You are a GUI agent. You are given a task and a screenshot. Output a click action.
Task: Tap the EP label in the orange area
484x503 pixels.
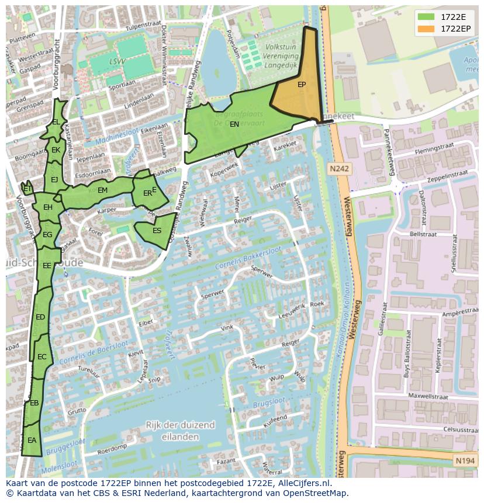click(302, 85)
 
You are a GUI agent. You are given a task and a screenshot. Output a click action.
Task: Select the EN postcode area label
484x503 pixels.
click(234, 124)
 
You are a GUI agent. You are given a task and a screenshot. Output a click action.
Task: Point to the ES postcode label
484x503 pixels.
click(157, 231)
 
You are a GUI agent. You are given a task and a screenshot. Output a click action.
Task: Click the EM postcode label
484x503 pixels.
click(102, 190)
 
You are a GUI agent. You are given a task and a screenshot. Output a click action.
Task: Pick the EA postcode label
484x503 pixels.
click(32, 440)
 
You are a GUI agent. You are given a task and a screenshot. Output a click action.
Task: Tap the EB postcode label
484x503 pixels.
click(34, 403)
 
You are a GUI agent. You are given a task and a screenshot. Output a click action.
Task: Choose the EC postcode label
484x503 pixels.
click(42, 357)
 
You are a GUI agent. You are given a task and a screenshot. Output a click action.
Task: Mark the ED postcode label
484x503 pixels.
click(40, 317)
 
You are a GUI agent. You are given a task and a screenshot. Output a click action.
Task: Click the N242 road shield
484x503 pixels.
click(338, 169)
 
